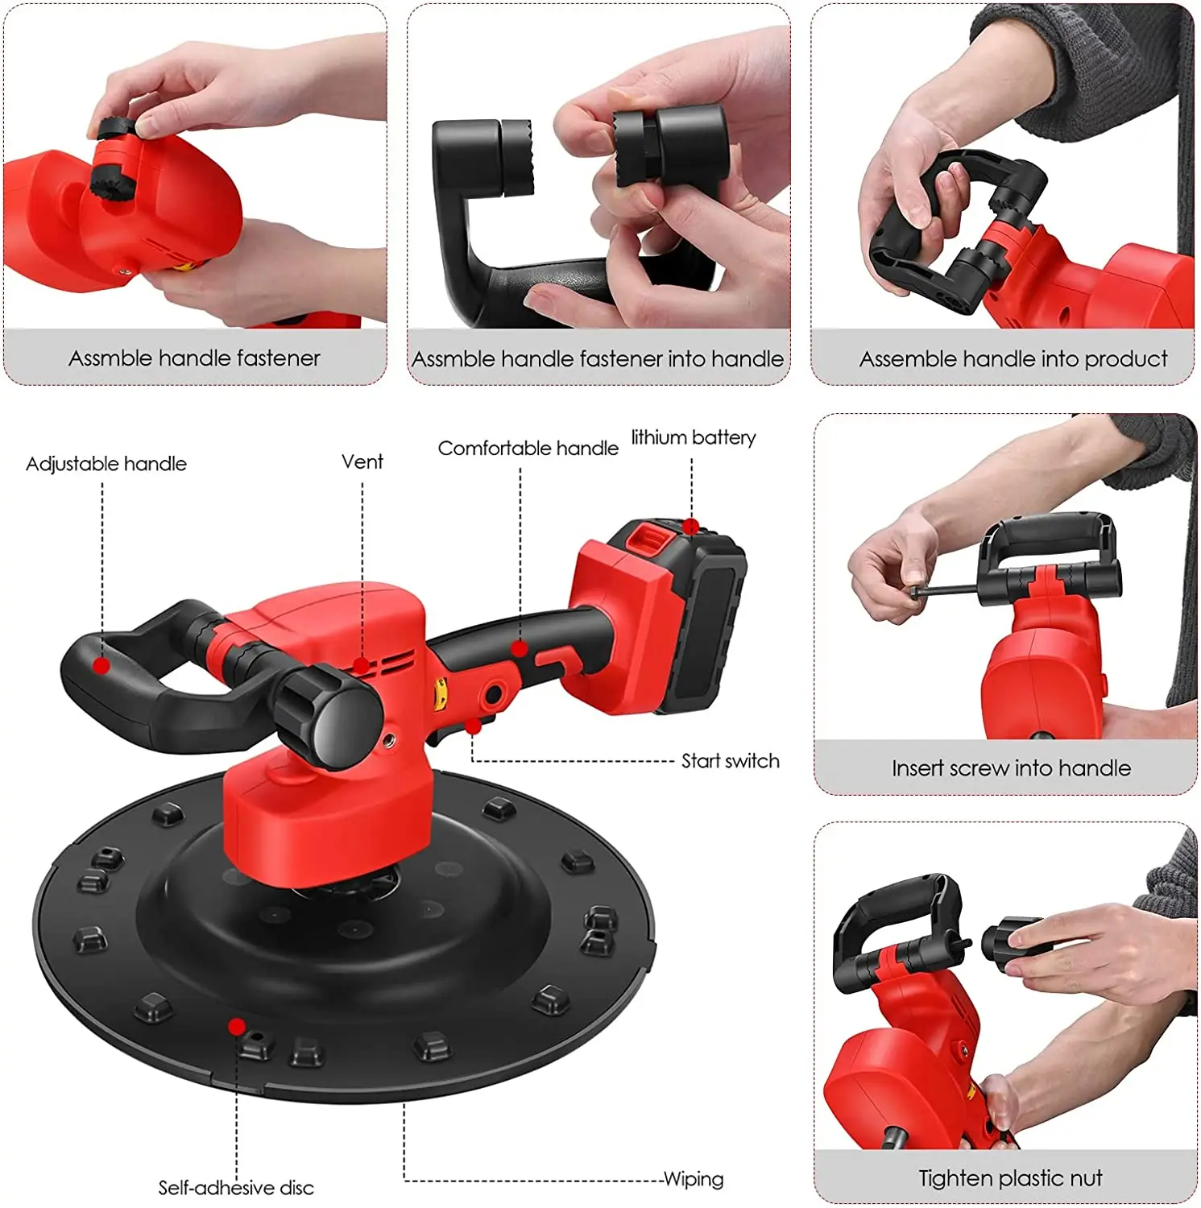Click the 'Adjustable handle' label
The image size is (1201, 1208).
tap(106, 464)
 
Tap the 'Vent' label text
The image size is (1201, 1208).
tap(362, 462)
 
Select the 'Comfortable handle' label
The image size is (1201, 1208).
tap(528, 449)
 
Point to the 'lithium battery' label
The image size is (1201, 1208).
tap(693, 438)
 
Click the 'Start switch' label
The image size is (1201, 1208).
tap(730, 761)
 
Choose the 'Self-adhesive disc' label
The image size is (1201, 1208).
tap(235, 1188)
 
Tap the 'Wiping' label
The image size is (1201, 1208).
tap(693, 1180)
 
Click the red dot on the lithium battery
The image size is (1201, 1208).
tap(690, 527)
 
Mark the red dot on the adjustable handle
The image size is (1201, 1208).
tap(101, 665)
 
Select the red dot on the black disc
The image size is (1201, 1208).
tap(237, 1026)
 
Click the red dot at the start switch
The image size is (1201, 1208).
tap(474, 727)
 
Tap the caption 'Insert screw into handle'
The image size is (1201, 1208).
tap(1011, 768)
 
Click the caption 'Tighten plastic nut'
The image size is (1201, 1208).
tap(1010, 1179)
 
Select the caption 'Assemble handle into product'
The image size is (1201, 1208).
tap(1013, 359)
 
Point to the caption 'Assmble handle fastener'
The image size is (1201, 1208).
tap(194, 358)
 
